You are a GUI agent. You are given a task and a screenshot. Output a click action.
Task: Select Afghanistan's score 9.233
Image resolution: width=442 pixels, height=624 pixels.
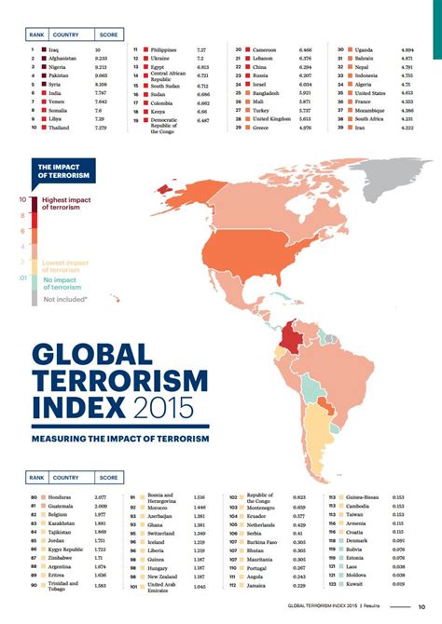click(x=104, y=59)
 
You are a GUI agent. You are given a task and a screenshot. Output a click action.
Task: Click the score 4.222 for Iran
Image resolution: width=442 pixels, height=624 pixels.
click(x=407, y=127)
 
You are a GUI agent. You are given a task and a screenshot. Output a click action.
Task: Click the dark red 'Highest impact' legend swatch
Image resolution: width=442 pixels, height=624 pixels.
click(x=34, y=203)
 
